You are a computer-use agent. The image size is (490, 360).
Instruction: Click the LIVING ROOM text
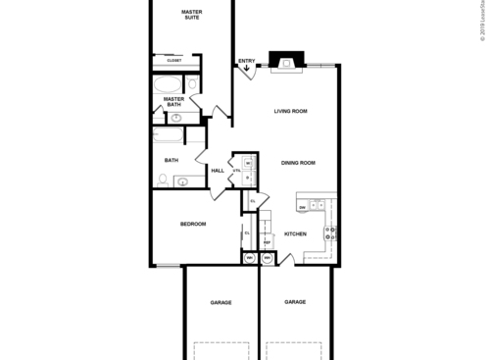coord(291,111)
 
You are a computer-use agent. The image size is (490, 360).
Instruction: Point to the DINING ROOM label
coord(298,163)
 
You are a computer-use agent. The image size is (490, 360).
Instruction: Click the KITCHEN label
coord(296,234)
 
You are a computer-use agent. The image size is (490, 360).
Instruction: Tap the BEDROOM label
coord(193,225)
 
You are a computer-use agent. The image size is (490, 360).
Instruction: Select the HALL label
coord(218,171)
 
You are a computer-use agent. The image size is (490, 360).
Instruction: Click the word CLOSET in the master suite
coord(173,60)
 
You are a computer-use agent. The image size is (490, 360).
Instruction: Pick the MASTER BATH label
coord(173,101)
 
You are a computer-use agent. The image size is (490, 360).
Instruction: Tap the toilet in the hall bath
coord(163,180)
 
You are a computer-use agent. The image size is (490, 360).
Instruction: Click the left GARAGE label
coord(220,303)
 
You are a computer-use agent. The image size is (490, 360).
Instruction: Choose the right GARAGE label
coord(295,302)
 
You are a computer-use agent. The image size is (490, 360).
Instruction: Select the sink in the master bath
coord(176,119)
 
